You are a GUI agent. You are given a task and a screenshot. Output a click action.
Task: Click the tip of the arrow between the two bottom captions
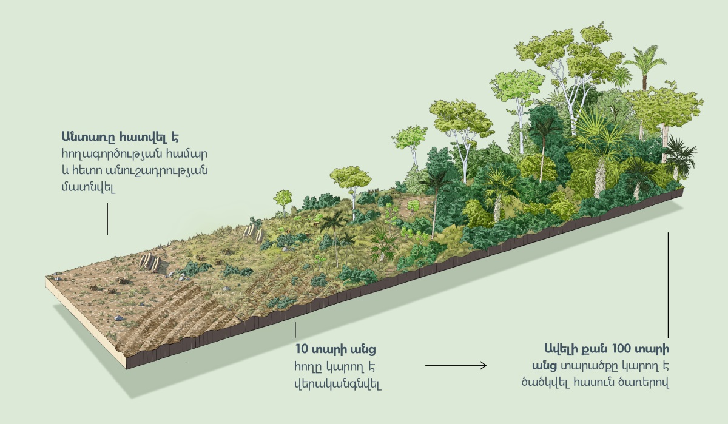(x=486, y=366)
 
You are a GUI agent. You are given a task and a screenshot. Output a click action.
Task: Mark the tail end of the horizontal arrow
(x=426, y=366)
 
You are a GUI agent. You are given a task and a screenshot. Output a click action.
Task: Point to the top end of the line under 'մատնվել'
(x=107, y=204)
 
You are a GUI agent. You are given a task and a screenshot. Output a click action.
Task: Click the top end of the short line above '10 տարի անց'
(x=295, y=322)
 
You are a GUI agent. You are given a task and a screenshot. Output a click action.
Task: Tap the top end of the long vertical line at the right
(x=668, y=233)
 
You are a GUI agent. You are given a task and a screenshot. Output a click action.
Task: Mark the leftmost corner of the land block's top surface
(x=45, y=277)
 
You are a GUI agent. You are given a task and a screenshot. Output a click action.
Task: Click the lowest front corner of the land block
(x=126, y=369)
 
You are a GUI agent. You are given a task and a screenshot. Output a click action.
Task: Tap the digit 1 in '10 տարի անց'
(x=297, y=349)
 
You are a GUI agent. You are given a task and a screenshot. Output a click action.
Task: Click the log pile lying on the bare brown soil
(x=149, y=262)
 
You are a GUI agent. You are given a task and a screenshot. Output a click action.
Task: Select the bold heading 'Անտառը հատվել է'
(x=120, y=136)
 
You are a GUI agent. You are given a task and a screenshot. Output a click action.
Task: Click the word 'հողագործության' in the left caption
(x=112, y=153)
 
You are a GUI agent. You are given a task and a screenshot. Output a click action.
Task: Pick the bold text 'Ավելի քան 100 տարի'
(x=607, y=349)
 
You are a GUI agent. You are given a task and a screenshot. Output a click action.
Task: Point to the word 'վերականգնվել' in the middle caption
(x=338, y=385)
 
